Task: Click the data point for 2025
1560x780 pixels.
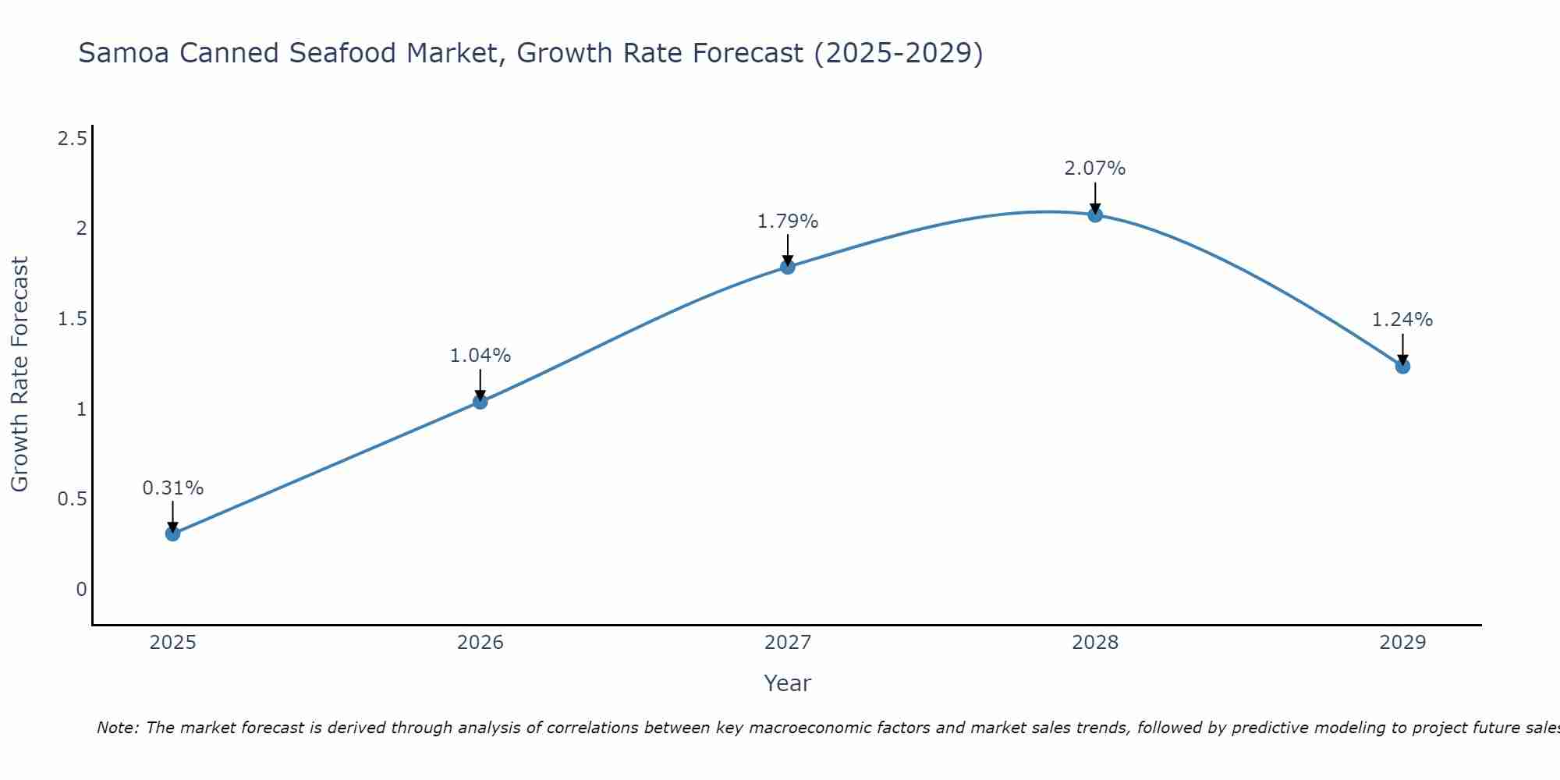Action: (172, 534)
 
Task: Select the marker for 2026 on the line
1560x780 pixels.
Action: (480, 402)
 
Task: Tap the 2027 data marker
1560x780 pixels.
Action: (788, 267)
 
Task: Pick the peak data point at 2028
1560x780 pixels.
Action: (1095, 215)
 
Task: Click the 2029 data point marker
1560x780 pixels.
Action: (1402, 366)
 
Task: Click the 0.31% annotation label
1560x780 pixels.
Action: (172, 488)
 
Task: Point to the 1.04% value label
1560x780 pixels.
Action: (480, 356)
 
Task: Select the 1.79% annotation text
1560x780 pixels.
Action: (788, 222)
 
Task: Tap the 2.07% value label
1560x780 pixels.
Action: (1095, 168)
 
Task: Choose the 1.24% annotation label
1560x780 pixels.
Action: (1402, 320)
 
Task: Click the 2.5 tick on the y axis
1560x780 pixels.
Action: (72, 139)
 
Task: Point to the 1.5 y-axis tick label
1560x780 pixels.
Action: (72, 319)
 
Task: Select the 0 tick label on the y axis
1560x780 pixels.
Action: (81, 589)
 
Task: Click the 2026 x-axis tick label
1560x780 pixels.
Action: (480, 643)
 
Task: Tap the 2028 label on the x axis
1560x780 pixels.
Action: (1095, 643)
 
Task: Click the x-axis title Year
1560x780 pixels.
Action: (788, 683)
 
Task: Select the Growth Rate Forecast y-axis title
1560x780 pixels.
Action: (19, 374)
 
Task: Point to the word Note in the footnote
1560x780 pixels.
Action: (116, 728)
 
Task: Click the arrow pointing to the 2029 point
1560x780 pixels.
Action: (1402, 349)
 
